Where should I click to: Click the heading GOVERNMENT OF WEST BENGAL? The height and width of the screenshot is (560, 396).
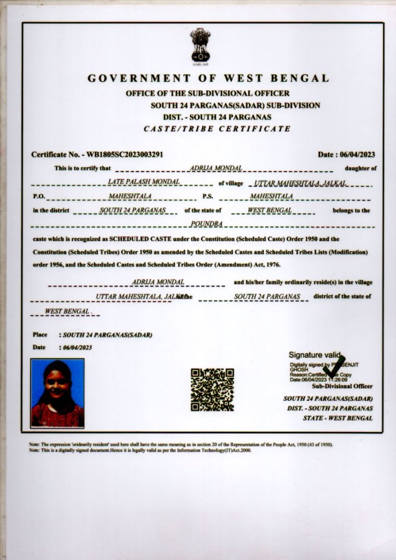click(x=208, y=78)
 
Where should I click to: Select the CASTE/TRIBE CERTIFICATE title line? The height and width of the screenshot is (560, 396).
click(x=217, y=129)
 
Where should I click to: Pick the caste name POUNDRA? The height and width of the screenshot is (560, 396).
click(x=204, y=224)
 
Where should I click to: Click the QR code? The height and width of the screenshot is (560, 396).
click(x=212, y=389)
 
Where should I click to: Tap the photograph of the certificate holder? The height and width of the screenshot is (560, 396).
click(x=57, y=393)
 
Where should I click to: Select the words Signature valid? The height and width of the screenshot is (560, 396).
click(x=314, y=354)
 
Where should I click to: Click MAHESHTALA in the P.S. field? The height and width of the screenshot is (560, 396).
click(x=271, y=196)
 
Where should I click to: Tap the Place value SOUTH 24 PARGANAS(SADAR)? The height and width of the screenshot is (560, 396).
click(x=108, y=334)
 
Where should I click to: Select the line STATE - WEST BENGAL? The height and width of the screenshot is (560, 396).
click(x=338, y=418)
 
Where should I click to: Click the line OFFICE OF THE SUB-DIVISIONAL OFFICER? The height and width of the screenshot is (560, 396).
click(x=208, y=94)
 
